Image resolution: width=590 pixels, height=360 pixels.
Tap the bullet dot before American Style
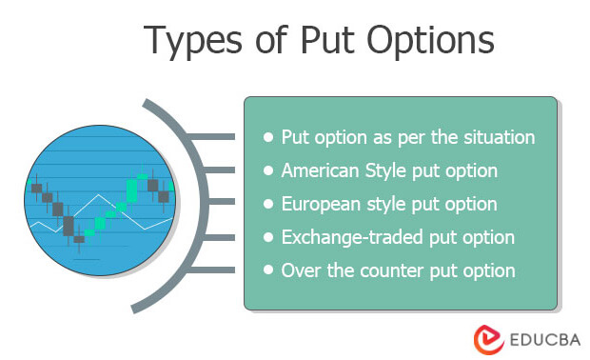point(267,171)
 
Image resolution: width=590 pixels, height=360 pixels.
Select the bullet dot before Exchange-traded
point(267,238)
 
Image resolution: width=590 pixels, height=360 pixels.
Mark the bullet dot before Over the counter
point(267,271)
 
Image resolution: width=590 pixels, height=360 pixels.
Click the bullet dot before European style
point(267,205)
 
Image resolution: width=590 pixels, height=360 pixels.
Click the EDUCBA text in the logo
point(536,338)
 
